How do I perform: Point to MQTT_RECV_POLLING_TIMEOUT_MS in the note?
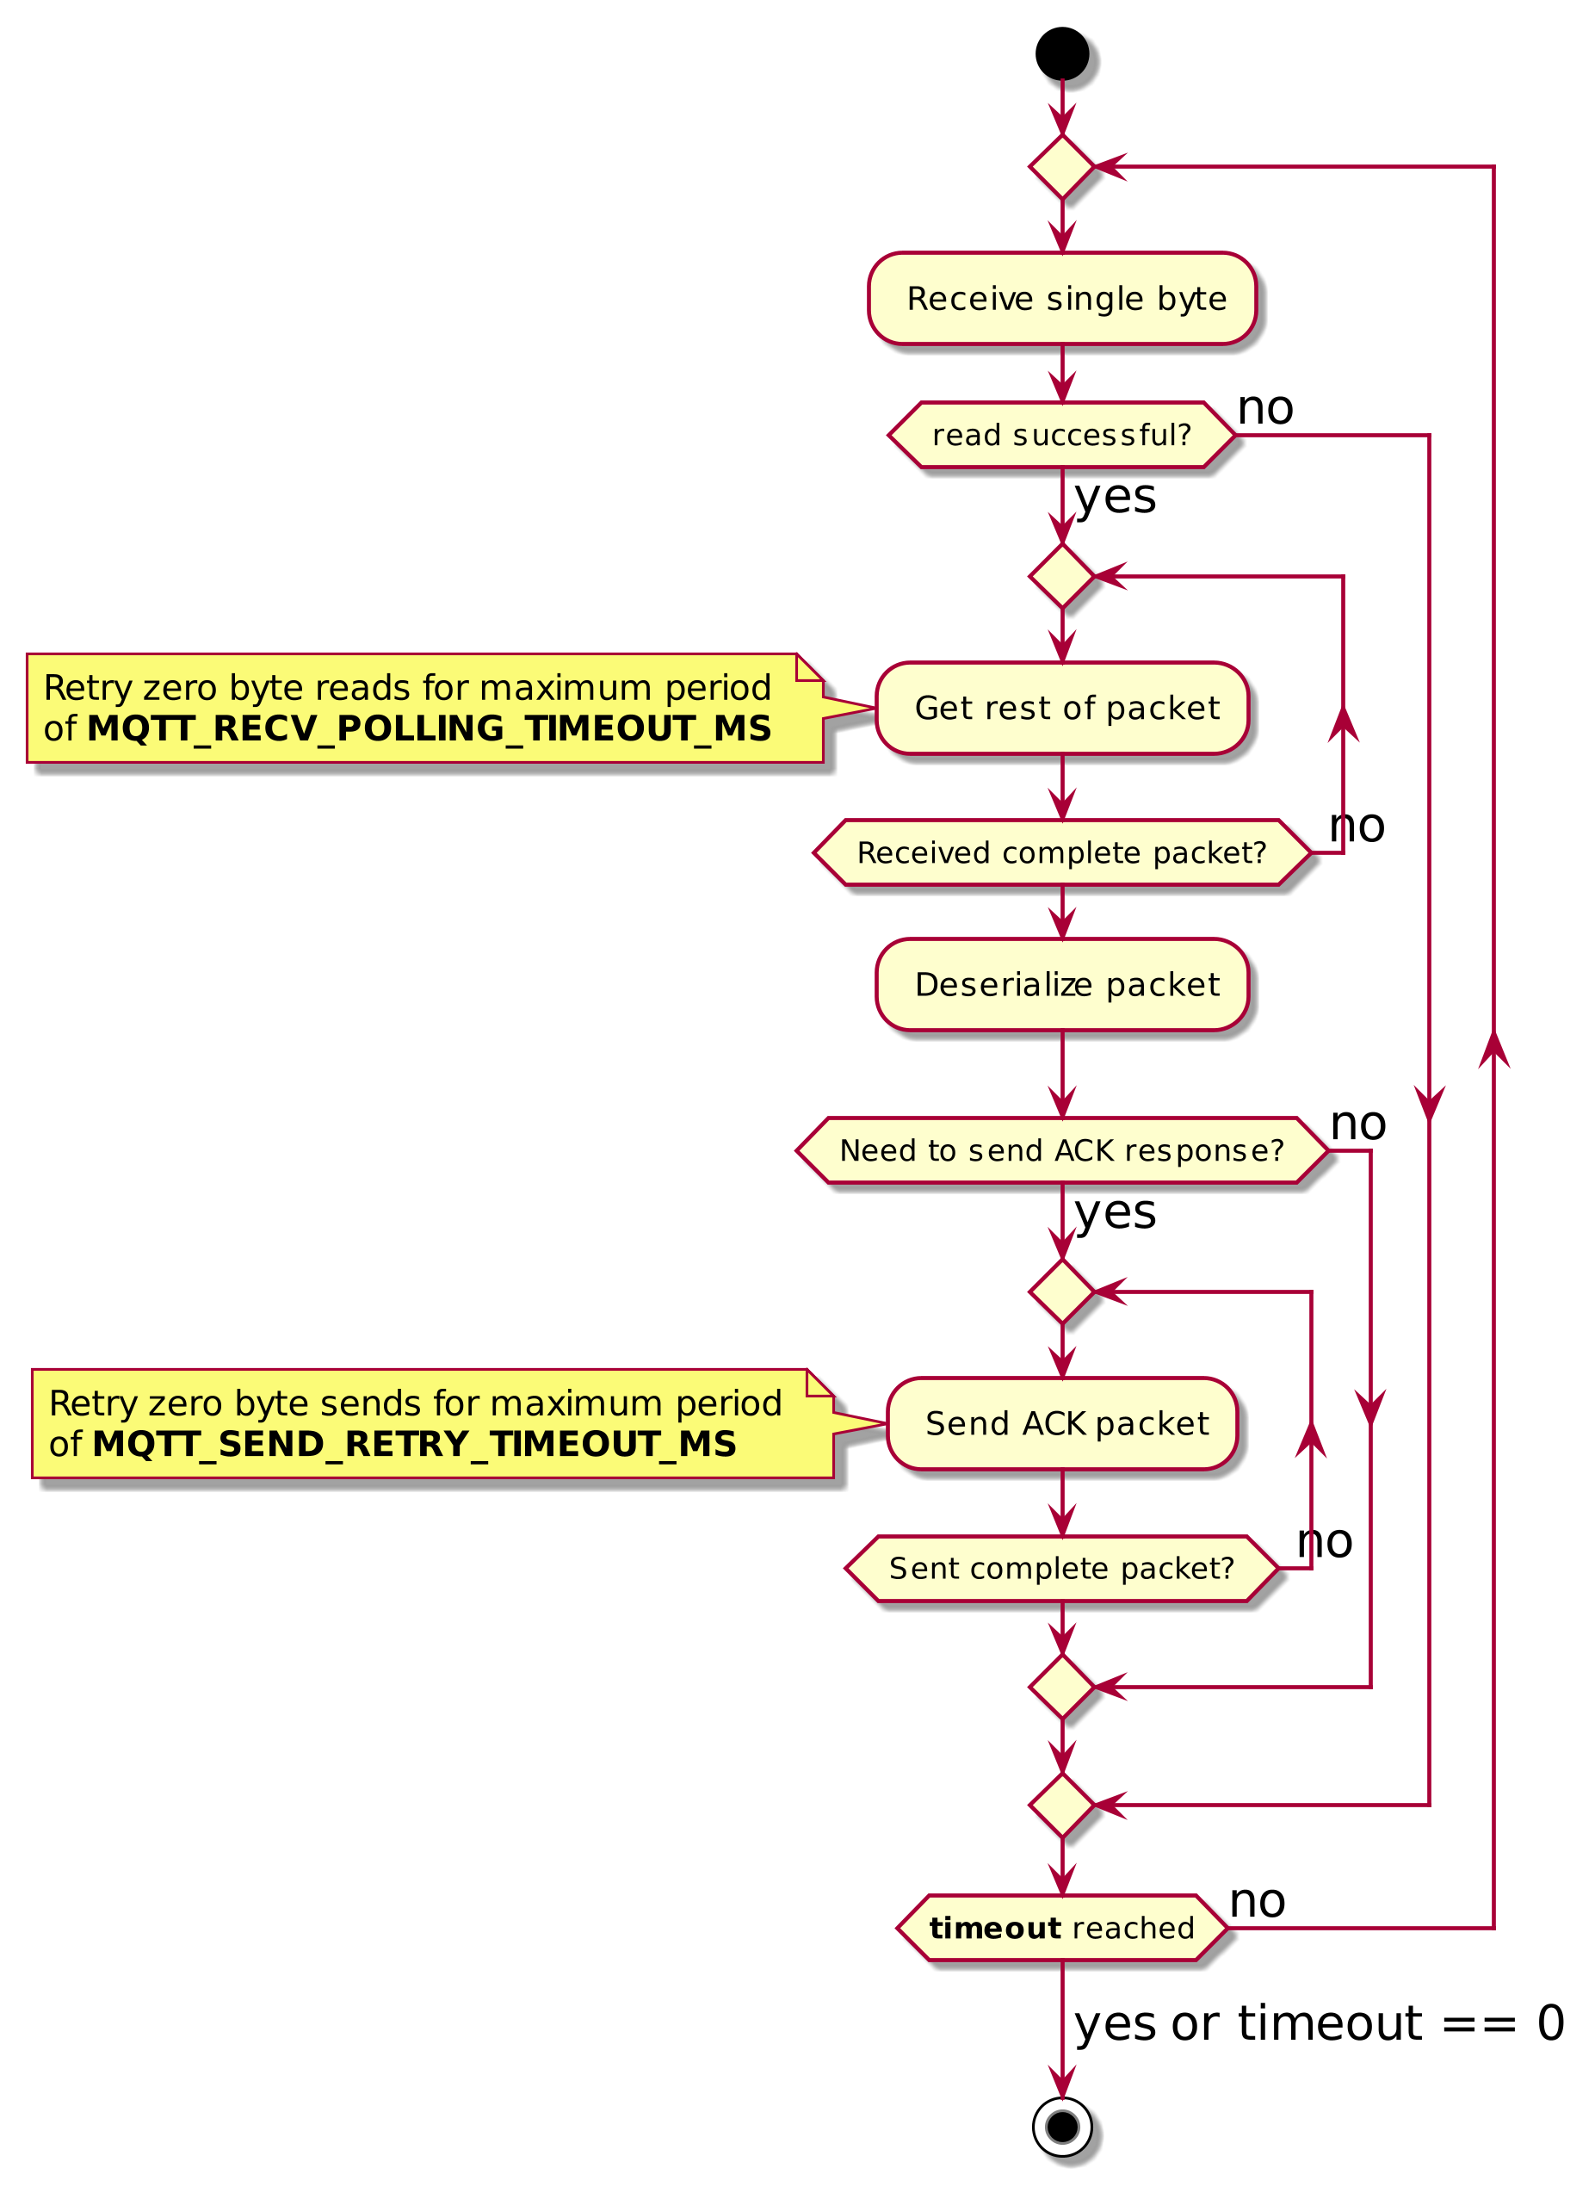click(429, 728)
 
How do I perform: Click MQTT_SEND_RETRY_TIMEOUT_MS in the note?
click(414, 1444)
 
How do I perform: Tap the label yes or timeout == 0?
click(1318, 2023)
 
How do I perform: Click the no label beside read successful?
click(1264, 407)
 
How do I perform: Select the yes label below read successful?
click(1115, 497)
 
